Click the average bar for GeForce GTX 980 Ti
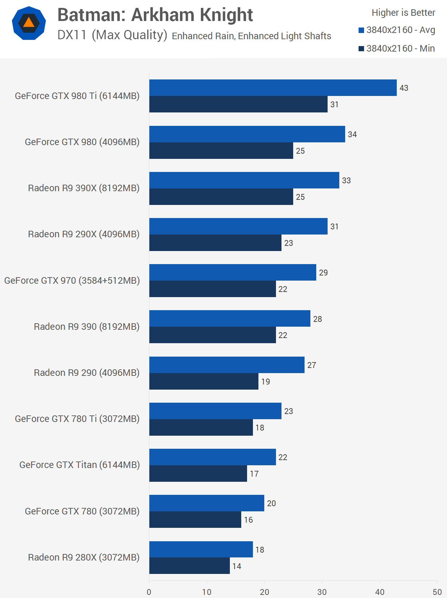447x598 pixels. (x=273, y=88)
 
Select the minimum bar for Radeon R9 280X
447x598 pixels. (x=190, y=566)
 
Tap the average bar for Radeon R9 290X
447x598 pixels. (x=238, y=226)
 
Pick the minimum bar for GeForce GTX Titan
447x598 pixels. (x=198, y=474)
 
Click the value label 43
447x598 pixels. (x=404, y=88)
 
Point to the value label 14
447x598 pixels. (x=237, y=566)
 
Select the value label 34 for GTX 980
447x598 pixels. (x=352, y=134)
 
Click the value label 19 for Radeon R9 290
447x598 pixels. (x=265, y=382)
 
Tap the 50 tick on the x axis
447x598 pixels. (x=437, y=592)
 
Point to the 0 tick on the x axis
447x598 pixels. (x=149, y=592)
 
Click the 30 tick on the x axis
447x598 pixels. (x=322, y=592)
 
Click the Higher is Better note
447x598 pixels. (x=403, y=13)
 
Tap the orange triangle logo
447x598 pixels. (x=29, y=23)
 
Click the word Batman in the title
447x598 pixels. (x=92, y=15)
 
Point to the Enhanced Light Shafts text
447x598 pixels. (x=284, y=36)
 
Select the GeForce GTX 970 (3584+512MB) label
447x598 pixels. (x=72, y=281)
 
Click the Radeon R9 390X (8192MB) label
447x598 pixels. (x=84, y=188)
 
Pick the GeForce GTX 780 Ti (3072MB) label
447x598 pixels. (x=77, y=419)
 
